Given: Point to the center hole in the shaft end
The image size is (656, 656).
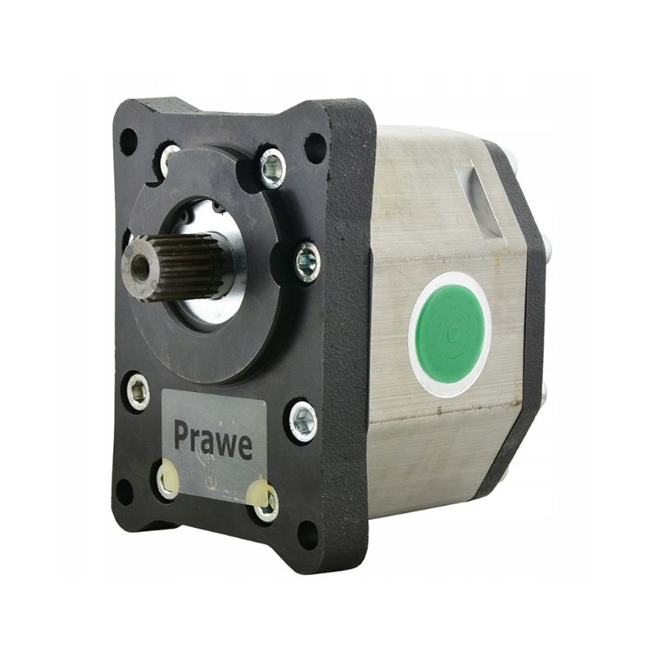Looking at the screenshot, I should [139, 267].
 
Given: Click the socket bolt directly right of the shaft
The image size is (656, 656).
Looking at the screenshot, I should [307, 262].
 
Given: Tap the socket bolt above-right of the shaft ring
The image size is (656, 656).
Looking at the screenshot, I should [272, 167].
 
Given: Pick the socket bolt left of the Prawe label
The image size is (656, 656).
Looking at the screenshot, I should [139, 392].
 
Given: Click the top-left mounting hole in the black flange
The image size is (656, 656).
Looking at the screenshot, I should [129, 141].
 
